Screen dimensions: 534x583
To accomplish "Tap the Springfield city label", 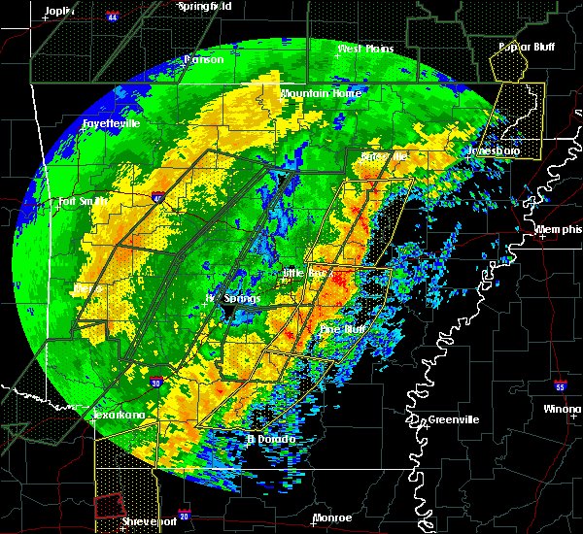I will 205,6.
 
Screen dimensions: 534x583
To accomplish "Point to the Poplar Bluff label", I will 521,46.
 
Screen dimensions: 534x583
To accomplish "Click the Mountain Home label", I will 321,93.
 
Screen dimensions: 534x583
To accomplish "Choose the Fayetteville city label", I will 110,124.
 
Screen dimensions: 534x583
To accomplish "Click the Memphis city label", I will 558,230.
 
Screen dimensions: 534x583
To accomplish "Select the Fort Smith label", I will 80,202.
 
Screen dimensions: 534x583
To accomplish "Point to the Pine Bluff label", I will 342,330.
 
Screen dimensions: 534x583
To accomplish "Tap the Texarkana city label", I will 121,416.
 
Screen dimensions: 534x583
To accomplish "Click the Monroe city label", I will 332,517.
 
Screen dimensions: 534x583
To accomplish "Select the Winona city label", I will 562,409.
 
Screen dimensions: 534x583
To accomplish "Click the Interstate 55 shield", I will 561,383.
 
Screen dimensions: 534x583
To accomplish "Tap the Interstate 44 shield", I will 113,18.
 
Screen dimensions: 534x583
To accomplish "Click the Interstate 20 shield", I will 184,516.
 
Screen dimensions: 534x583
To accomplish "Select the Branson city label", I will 204,59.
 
